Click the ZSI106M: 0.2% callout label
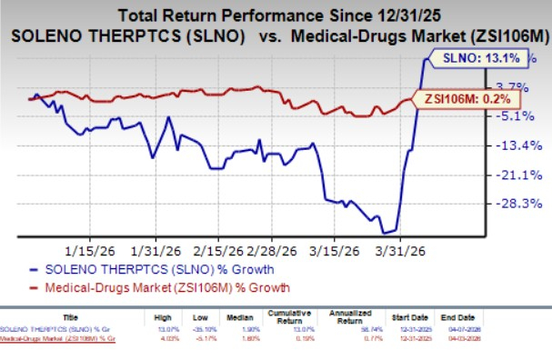pyautogui.click(x=457, y=98)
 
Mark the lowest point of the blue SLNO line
pyautogui.click(x=389, y=233)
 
